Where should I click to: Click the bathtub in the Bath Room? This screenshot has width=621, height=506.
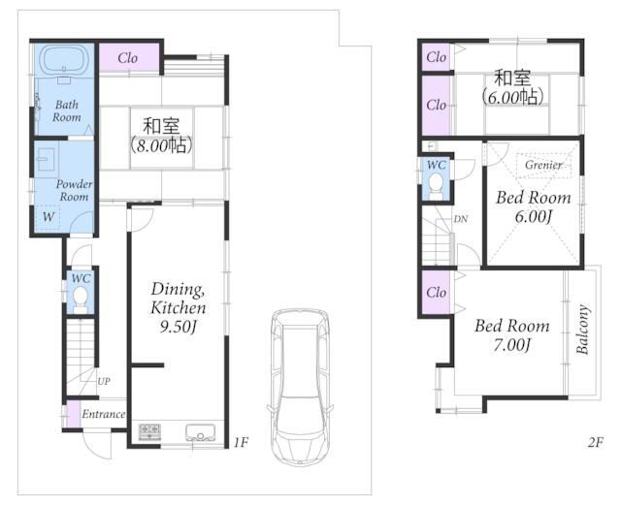[x=65, y=60]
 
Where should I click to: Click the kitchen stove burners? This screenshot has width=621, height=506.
[x=149, y=431]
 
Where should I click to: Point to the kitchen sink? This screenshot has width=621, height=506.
[x=201, y=432]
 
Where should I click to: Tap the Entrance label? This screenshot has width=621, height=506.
[x=104, y=414]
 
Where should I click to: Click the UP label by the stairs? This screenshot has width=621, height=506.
[x=104, y=381]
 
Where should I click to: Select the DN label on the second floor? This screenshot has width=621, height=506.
[x=461, y=219]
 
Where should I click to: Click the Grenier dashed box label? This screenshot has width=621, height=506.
[x=543, y=165]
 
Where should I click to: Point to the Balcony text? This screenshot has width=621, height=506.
[x=582, y=330]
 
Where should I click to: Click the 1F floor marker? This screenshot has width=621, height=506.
[x=241, y=442]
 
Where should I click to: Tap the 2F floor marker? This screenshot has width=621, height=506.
[x=595, y=442]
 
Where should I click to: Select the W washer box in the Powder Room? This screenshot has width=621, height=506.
[x=48, y=217]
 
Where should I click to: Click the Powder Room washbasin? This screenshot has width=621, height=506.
[x=46, y=158]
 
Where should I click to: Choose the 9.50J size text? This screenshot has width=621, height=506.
[x=179, y=327]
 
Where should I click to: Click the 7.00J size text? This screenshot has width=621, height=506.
[x=511, y=345]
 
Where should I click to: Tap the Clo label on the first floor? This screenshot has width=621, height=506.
[x=127, y=58]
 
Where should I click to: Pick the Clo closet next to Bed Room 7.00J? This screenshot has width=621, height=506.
[x=436, y=293]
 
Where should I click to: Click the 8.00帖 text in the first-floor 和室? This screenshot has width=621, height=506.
[x=162, y=146]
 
